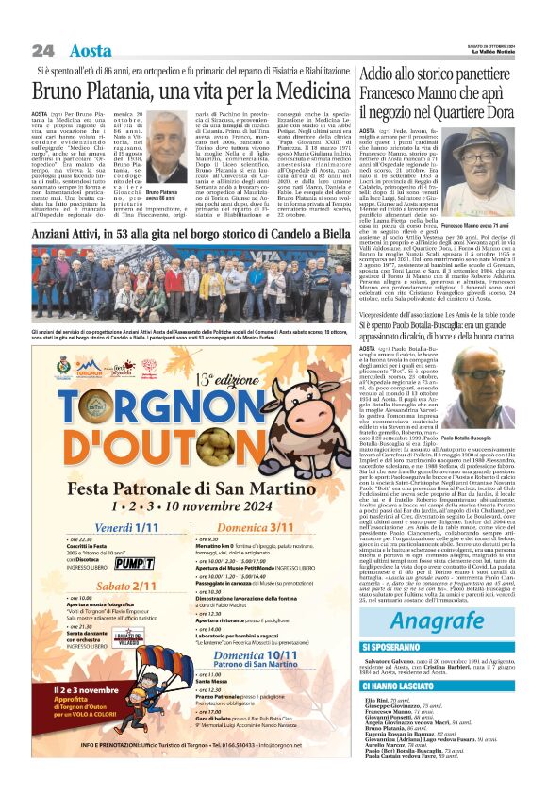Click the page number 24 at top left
coord(41,49)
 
